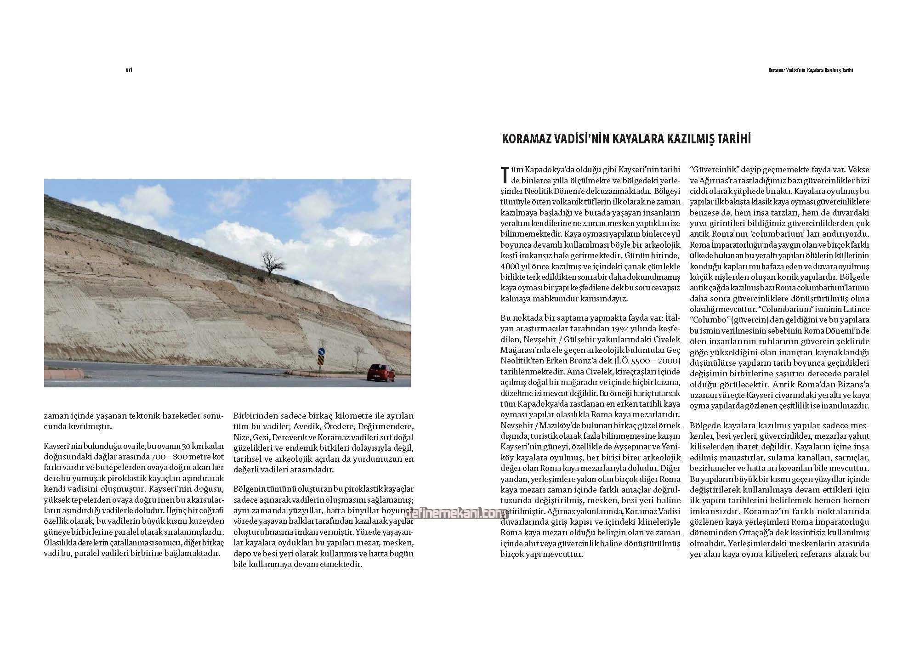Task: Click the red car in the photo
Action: coord(381,372)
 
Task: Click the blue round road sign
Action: coord(321,352)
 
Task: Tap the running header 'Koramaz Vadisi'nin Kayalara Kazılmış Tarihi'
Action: coord(811,70)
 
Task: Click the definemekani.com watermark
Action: coord(455,515)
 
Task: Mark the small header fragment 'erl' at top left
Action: coord(129,70)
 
